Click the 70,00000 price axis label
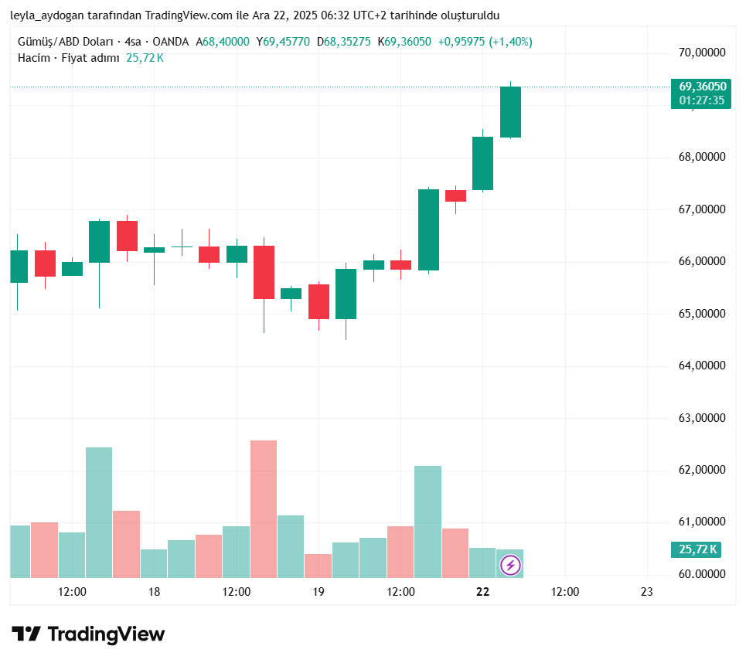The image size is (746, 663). click(702, 53)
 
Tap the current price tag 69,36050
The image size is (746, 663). click(702, 87)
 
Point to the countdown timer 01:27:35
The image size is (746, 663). click(702, 100)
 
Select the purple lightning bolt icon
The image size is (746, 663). click(510, 566)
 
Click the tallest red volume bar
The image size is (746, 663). click(264, 508)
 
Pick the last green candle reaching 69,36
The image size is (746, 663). click(510, 112)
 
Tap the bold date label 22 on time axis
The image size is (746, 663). click(483, 592)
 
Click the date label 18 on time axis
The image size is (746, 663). click(154, 592)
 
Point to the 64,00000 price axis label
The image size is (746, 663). click(702, 365)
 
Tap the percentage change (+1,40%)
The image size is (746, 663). click(510, 42)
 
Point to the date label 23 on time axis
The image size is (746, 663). click(647, 592)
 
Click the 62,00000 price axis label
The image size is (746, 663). click(702, 470)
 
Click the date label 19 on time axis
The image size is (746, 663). click(318, 592)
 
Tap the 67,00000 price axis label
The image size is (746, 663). click(702, 209)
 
